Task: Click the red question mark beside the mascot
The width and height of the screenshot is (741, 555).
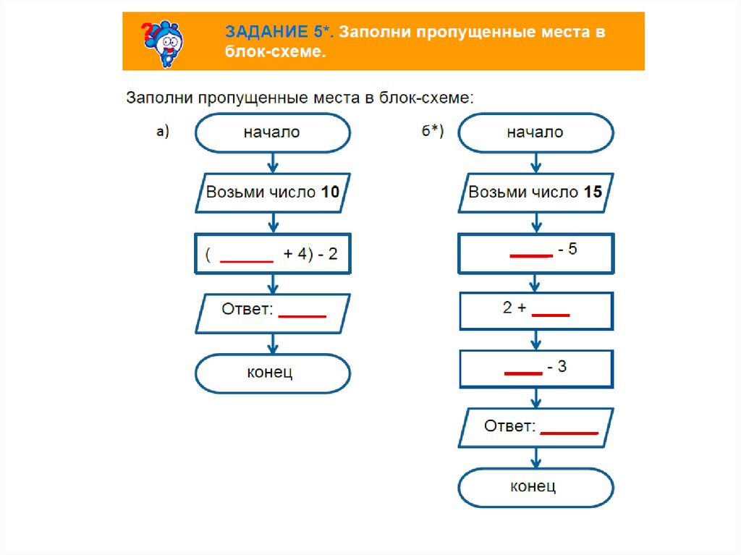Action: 146,31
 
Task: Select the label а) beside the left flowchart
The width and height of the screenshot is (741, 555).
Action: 162,131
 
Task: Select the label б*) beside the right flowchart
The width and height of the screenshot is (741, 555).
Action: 433,132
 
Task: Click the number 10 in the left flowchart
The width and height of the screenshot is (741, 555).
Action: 330,192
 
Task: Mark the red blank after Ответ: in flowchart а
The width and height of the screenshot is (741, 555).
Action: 302,316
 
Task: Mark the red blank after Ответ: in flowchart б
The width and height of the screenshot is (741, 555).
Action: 569,433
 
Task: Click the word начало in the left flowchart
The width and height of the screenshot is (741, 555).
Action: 271,132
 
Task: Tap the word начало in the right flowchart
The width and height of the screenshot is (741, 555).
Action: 535,132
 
